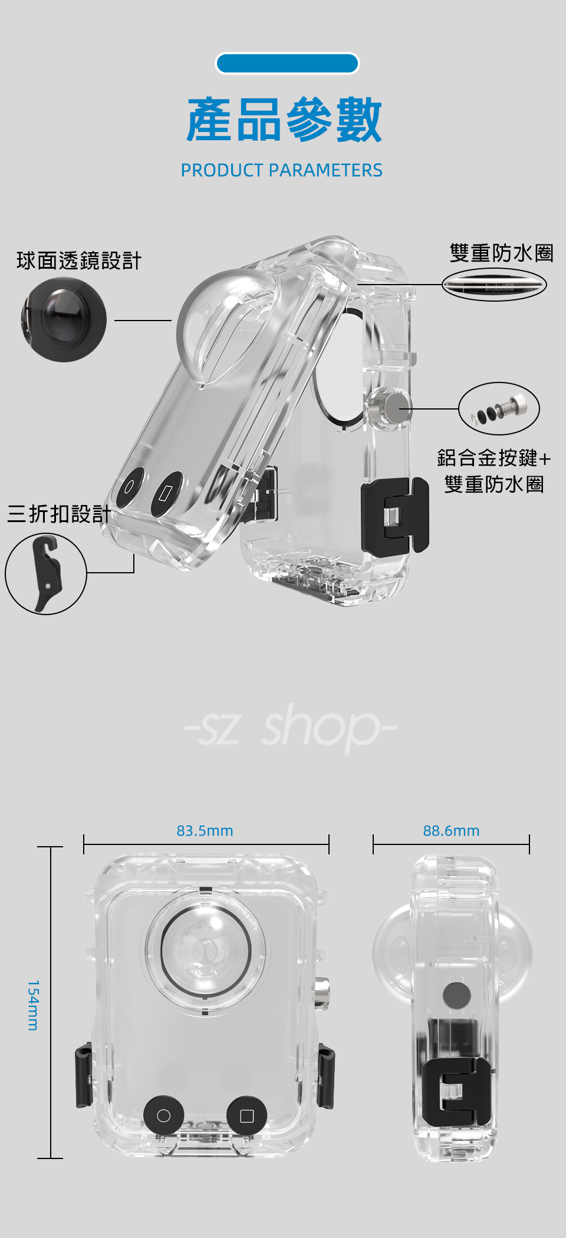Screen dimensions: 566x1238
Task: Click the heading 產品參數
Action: [284, 121]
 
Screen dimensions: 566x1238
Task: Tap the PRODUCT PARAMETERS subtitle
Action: [281, 170]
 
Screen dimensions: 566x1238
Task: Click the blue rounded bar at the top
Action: [287, 64]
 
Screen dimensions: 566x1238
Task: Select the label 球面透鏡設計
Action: [79, 260]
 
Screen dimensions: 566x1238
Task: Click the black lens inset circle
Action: [64, 319]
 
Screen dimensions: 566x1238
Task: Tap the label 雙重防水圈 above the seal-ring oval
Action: [501, 253]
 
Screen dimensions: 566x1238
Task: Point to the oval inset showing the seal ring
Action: [494, 285]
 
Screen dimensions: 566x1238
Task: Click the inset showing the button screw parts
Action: [499, 408]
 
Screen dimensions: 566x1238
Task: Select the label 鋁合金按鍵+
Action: [494, 457]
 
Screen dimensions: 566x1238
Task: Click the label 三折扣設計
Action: [59, 514]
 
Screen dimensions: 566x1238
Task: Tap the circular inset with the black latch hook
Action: [46, 573]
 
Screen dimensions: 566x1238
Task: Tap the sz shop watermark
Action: [290, 728]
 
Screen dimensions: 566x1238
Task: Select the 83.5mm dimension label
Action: [205, 831]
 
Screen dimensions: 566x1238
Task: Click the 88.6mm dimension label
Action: [451, 831]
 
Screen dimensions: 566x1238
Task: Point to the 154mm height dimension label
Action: [34, 1005]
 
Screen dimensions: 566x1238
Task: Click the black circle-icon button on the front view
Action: [164, 1115]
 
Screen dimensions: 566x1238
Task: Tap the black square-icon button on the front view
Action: [247, 1115]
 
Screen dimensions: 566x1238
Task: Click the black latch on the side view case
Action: [455, 1092]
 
